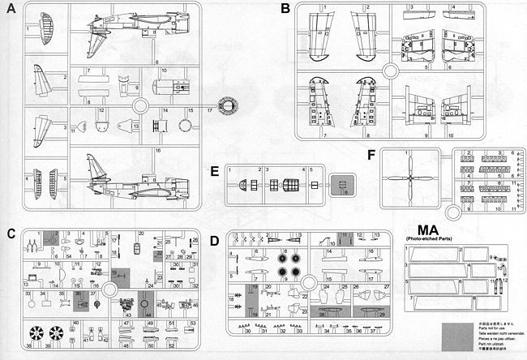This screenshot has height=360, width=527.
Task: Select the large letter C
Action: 11,235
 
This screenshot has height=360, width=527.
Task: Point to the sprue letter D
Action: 214,240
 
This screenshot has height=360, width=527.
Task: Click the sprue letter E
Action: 214,173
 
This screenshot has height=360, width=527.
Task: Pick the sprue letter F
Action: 371,154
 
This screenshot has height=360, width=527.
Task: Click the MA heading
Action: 426,229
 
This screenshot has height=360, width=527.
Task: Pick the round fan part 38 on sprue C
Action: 35,332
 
